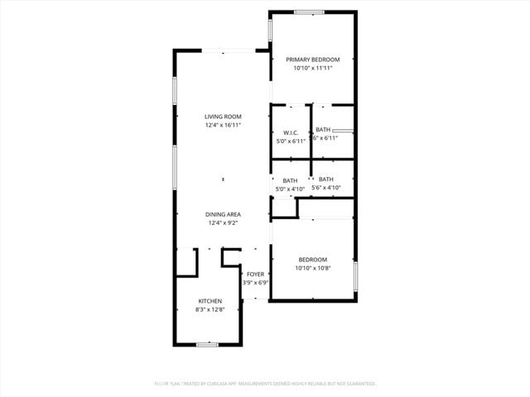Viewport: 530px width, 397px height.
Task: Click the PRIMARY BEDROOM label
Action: [313, 60]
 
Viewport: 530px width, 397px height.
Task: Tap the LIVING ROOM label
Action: [223, 117]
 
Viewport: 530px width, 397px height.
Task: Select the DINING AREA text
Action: [223, 214]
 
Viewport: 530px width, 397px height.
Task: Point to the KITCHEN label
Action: [210, 300]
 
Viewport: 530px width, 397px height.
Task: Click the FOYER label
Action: [255, 274]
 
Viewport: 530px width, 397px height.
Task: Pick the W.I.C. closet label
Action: [291, 132]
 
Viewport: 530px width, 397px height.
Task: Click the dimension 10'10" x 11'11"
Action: [313, 69]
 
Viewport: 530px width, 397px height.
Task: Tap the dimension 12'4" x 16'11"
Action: [223, 125]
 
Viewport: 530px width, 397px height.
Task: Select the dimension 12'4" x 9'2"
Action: [223, 222]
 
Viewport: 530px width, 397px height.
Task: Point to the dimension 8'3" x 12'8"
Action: [210, 309]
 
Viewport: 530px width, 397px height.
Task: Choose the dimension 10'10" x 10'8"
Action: [313, 268]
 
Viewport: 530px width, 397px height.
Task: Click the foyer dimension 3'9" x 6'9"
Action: [255, 283]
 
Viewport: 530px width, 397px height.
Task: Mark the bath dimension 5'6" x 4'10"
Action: [326, 188]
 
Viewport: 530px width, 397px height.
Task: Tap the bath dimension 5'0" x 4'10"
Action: [290, 189]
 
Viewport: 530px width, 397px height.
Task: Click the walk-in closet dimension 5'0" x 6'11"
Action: [291, 141]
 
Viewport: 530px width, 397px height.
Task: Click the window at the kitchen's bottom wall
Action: [207, 344]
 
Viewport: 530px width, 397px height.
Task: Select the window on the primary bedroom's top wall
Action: [309, 12]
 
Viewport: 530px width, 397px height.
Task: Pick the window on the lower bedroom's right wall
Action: [355, 275]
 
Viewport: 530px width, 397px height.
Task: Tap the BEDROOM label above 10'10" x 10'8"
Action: [313, 259]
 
